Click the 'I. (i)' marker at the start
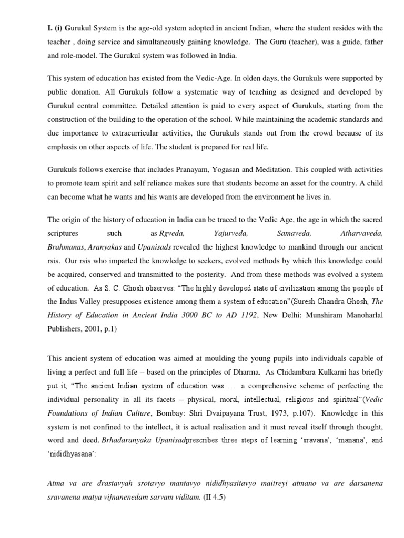point(55,27)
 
